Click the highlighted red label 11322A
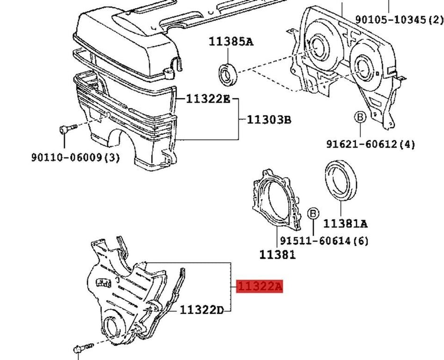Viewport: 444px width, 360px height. (x=260, y=286)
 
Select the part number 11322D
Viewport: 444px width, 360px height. (x=202, y=310)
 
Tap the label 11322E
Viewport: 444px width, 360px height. (x=208, y=99)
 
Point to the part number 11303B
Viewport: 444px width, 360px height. (x=269, y=120)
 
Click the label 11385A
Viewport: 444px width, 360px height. (x=231, y=42)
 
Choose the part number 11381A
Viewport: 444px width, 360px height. (x=345, y=224)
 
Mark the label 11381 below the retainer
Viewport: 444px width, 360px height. (x=278, y=255)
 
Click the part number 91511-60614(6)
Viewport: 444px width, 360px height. (x=324, y=241)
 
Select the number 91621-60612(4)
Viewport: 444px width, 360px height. (x=371, y=144)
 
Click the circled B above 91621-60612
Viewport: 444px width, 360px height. (x=360, y=117)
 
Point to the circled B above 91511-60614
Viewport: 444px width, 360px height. (x=313, y=214)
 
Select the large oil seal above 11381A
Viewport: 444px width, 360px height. (x=341, y=180)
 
